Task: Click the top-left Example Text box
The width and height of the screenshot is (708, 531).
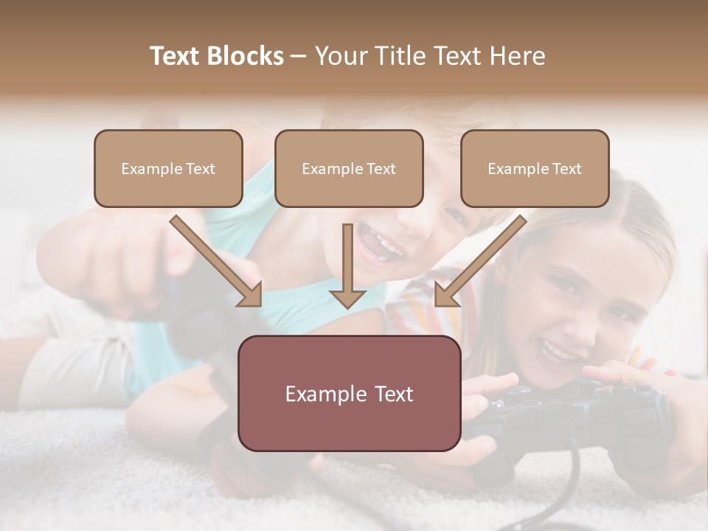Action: tap(168, 168)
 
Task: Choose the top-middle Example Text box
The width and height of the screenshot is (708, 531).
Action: tap(349, 168)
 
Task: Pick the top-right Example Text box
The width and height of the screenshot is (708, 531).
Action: tap(535, 168)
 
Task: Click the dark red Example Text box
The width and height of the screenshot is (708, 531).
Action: tap(349, 393)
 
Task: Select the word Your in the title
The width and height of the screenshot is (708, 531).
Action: tap(340, 56)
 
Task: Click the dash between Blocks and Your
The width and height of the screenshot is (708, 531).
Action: tap(299, 56)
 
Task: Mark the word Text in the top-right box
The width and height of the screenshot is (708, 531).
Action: tap(566, 168)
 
